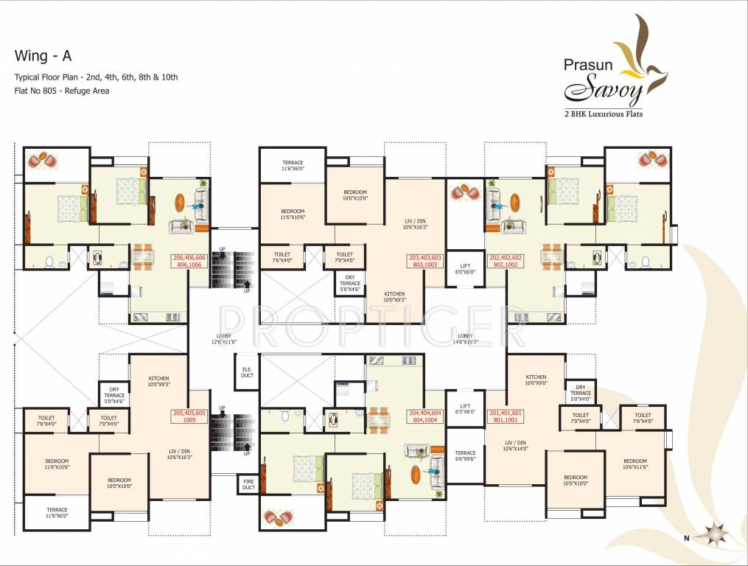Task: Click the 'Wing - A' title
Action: (43, 56)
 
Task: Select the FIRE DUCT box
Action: (248, 485)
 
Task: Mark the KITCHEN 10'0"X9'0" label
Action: (536, 380)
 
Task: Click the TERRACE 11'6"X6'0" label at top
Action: (293, 166)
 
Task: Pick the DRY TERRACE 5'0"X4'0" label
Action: (581, 392)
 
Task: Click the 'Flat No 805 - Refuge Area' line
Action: (62, 91)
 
